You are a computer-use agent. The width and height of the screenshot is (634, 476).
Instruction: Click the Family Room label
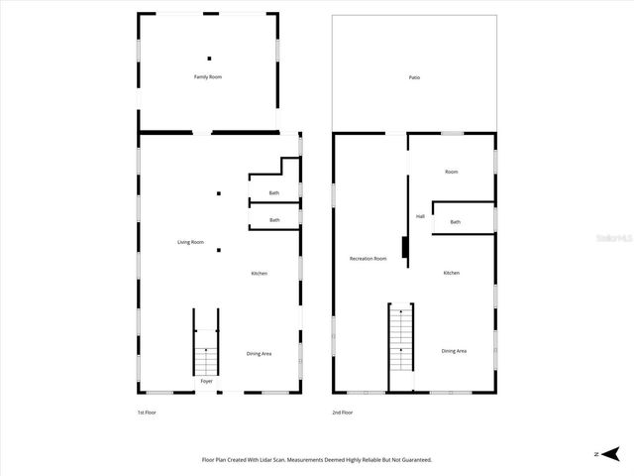(207, 76)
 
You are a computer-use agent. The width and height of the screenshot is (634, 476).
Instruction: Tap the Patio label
(414, 77)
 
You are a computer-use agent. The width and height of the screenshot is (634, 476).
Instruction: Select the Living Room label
(190, 242)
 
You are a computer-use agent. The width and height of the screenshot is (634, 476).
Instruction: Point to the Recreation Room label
(368, 259)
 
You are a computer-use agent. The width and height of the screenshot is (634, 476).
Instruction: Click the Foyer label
(206, 381)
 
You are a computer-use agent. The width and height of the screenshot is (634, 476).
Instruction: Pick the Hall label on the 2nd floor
(420, 216)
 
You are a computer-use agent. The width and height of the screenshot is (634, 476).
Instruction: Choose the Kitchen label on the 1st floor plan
(259, 274)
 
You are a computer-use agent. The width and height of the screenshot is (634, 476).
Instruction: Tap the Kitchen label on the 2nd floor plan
(451, 273)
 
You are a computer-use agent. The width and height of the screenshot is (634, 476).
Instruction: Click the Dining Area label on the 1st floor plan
(259, 353)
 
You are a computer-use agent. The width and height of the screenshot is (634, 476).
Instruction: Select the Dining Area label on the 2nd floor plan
(454, 351)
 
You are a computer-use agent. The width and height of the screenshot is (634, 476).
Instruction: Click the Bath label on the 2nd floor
(455, 222)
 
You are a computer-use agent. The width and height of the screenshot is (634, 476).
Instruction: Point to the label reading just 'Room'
(451, 173)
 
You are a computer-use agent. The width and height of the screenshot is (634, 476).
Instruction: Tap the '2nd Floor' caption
(342, 413)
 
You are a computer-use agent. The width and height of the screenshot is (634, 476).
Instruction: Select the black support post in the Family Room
(209, 59)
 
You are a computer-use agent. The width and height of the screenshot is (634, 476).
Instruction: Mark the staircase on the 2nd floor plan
(400, 337)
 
